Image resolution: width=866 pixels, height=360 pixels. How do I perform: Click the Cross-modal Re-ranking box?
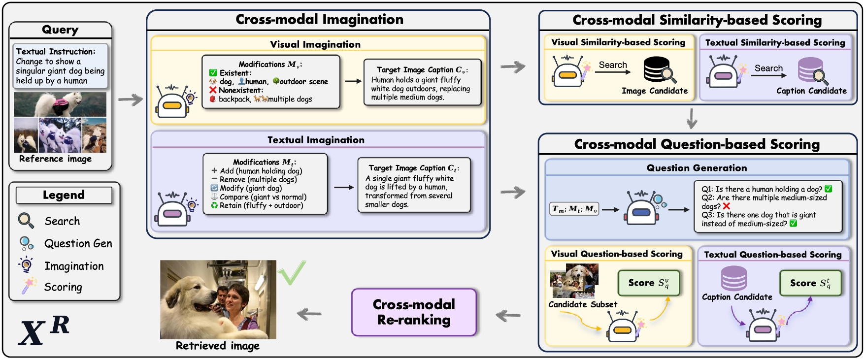[414, 312]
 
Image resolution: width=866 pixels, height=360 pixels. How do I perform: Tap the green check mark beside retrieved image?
[292, 272]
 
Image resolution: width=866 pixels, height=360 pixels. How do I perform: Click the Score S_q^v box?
[649, 283]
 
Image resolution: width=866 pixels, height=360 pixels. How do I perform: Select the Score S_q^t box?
[810, 283]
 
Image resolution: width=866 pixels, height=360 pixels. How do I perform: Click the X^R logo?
[44, 330]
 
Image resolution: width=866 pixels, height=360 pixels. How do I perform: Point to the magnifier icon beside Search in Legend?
[26, 221]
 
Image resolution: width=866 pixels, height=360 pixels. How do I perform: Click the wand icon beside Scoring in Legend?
[29, 286]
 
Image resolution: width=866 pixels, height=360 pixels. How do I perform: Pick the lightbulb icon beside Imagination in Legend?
[26, 265]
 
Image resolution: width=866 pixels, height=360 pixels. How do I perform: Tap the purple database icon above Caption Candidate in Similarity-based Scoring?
[811, 70]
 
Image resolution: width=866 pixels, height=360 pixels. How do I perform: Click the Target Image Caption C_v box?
[422, 83]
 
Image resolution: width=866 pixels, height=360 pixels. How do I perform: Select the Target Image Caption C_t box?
[414, 185]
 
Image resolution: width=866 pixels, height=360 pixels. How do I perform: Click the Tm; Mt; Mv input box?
[574, 209]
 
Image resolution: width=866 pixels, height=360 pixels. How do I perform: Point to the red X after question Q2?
[727, 206]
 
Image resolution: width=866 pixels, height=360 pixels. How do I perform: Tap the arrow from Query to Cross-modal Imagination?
[130, 100]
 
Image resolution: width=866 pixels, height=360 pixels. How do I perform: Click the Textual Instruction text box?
[60, 66]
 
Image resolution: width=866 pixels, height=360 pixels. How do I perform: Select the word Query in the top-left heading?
[60, 30]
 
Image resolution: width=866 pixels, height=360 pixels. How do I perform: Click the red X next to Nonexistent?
[213, 90]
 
